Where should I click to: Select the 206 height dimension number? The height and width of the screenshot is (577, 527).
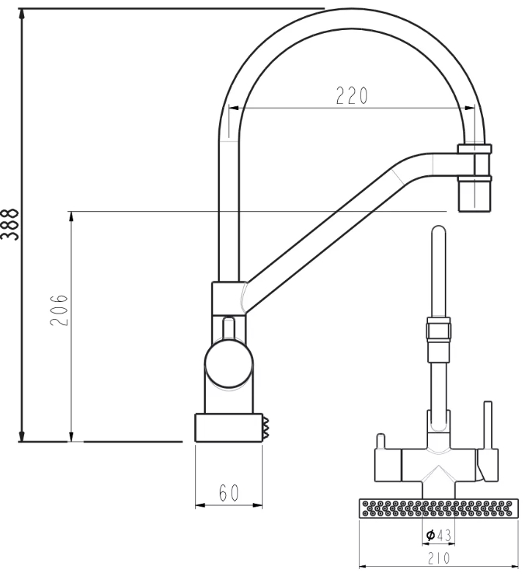61,311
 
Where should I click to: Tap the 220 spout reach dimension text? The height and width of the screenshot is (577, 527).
351,96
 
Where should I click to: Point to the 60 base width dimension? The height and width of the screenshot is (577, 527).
229,493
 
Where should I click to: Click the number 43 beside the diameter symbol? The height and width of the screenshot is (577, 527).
444,536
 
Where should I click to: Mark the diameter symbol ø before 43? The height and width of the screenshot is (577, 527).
430,536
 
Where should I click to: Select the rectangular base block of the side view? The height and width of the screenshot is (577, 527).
228,427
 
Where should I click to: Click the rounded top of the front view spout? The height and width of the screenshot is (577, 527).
438,233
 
